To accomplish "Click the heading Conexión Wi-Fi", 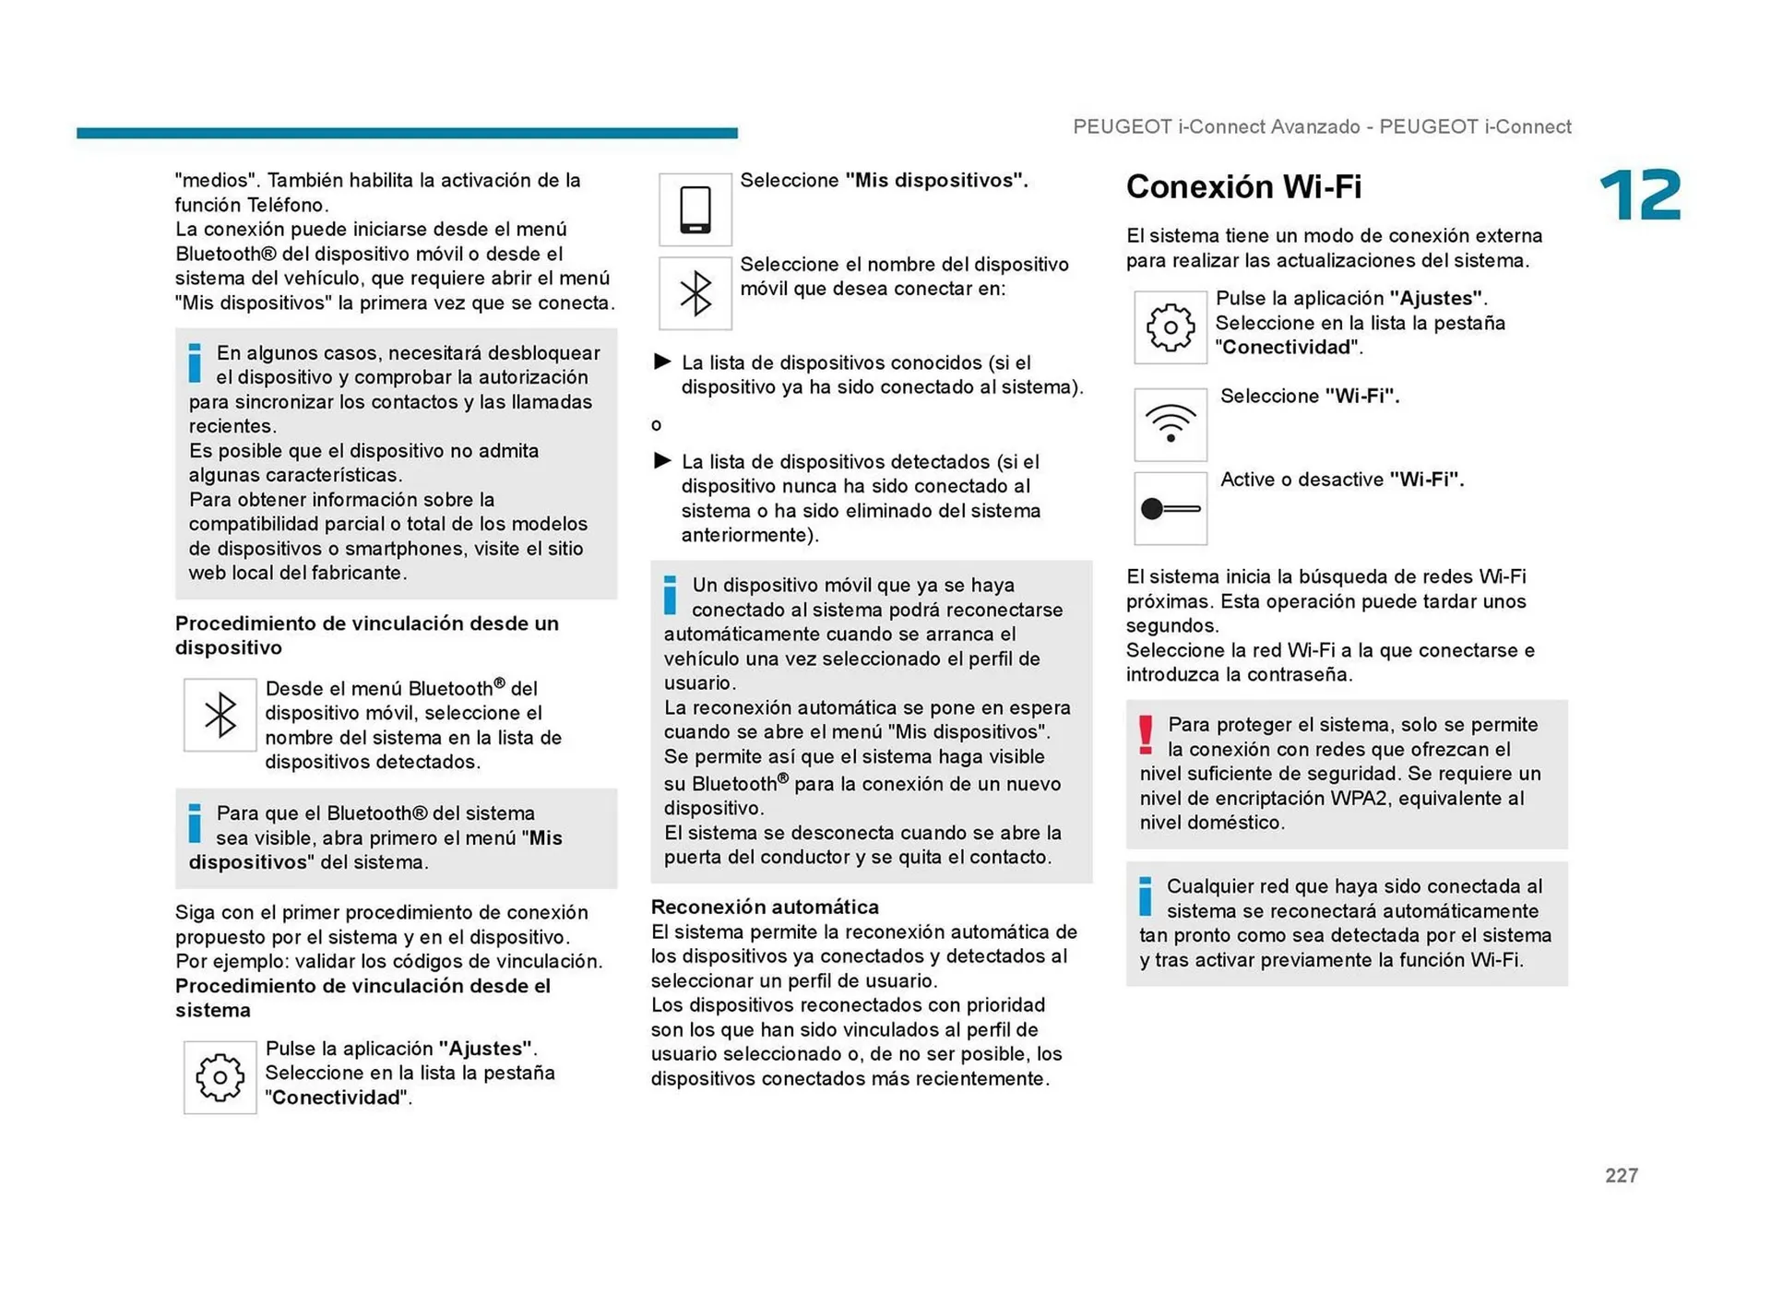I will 1242,187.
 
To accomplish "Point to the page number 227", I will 1621,1175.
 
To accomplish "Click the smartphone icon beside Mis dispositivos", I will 695,209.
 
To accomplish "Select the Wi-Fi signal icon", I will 1170,424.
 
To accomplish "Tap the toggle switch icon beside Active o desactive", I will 1170,508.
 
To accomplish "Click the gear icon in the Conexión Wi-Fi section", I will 1170,327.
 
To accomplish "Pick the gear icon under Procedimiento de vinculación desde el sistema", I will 220,1077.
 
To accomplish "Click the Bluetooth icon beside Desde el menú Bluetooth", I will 220,715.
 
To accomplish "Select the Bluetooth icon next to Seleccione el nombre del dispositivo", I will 695,293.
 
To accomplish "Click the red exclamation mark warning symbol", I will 1146,735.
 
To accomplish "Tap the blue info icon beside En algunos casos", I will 195,362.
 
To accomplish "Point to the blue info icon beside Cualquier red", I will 1145,896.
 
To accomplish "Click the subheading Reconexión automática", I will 765,907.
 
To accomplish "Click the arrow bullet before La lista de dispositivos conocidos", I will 661,362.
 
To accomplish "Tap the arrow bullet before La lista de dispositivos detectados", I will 661,460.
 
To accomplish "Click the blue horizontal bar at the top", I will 407,133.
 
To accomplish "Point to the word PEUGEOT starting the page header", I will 1122,127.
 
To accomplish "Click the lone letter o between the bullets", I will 656,425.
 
